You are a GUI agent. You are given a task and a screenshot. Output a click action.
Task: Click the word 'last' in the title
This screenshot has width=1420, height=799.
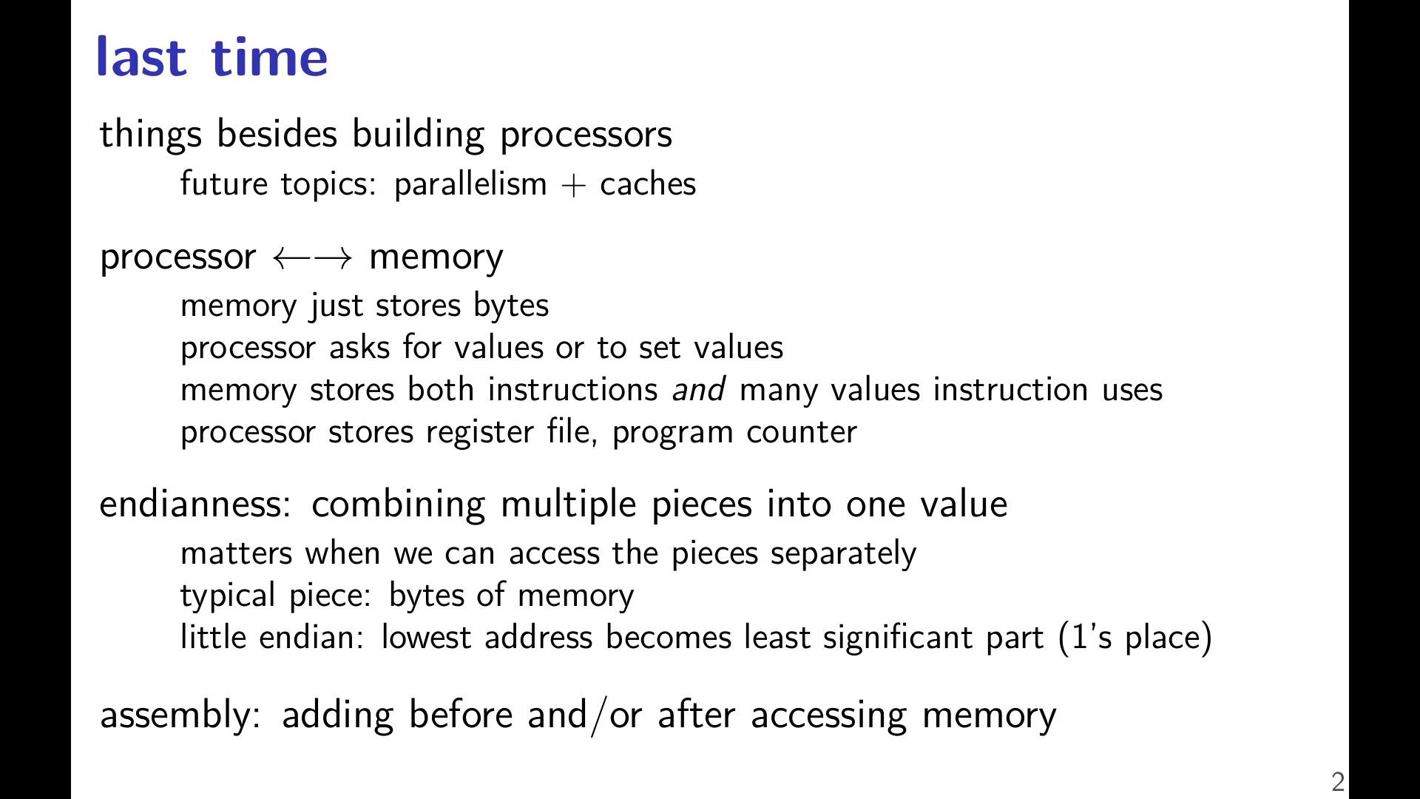pos(141,56)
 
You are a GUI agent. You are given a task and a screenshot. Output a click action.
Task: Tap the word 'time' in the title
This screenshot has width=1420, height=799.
pos(269,56)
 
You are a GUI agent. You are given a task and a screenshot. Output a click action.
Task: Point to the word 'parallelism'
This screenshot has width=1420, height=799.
pos(470,184)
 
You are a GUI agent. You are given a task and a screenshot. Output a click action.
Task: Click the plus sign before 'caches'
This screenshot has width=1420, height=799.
pos(573,186)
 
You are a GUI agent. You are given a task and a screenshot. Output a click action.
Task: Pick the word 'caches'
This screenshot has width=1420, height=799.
pos(648,184)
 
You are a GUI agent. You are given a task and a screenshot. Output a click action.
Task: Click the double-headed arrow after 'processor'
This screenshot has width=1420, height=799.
pos(312,258)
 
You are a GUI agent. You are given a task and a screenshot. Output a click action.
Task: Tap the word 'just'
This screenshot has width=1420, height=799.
pos(337,306)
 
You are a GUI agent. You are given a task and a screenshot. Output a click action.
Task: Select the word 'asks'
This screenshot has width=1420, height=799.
pos(359,347)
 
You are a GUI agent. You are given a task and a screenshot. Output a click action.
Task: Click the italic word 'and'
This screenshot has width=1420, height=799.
pos(698,389)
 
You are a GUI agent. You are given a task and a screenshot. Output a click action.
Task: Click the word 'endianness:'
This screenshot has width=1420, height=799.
pos(195,504)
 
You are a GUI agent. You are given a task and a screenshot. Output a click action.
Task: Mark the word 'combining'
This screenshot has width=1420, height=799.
pos(398,505)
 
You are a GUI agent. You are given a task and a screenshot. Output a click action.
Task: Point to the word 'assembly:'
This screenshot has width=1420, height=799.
pos(180,715)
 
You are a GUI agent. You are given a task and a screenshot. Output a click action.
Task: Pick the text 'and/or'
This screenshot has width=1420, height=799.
pos(584,715)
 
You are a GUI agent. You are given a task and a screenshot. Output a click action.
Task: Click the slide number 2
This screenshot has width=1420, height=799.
pos(1338,782)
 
